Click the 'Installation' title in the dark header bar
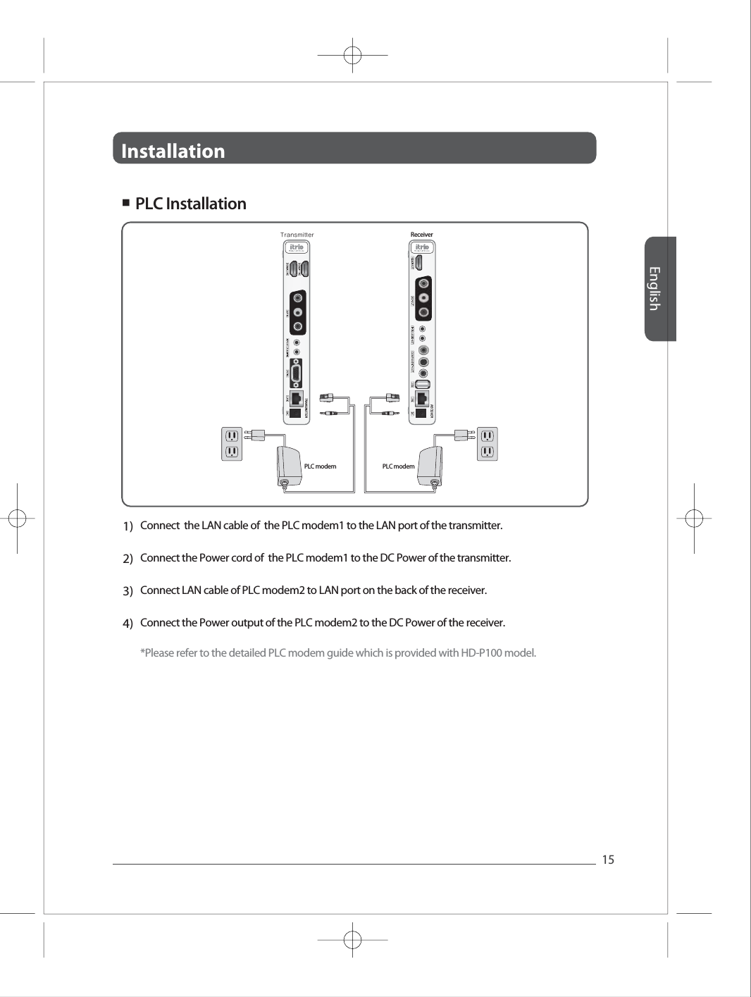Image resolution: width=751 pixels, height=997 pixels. (x=173, y=151)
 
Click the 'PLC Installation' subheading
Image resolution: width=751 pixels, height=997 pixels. (x=190, y=204)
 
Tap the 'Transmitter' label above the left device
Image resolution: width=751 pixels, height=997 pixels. (x=297, y=235)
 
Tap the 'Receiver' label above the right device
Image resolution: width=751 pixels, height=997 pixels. (x=422, y=235)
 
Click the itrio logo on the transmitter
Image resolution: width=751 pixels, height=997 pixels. (x=297, y=247)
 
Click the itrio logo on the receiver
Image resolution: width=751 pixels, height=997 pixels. (x=422, y=247)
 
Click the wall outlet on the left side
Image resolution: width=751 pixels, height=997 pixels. (x=232, y=443)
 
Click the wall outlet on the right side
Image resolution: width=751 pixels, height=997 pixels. (x=487, y=443)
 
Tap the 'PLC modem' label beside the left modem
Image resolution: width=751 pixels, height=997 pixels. (x=320, y=466)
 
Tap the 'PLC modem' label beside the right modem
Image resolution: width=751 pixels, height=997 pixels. (x=398, y=466)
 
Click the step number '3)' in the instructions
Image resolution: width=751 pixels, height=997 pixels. (x=128, y=591)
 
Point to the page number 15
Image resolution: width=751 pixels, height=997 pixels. (x=608, y=860)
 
